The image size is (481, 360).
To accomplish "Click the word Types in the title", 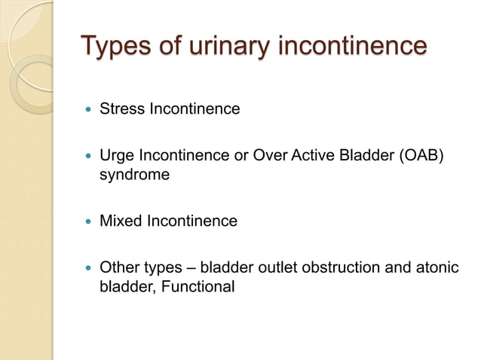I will [x=117, y=47].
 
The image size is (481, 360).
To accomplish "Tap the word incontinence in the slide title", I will [x=353, y=47].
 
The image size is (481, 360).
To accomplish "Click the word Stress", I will [x=121, y=109].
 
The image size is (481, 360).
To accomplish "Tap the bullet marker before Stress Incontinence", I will [x=89, y=110].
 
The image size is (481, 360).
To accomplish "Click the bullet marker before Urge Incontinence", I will [x=89, y=157].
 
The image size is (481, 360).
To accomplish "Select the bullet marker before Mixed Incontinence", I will [x=89, y=222].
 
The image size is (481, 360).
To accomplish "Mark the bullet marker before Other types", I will [x=89, y=268].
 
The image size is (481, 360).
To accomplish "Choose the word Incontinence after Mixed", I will [x=191, y=221].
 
